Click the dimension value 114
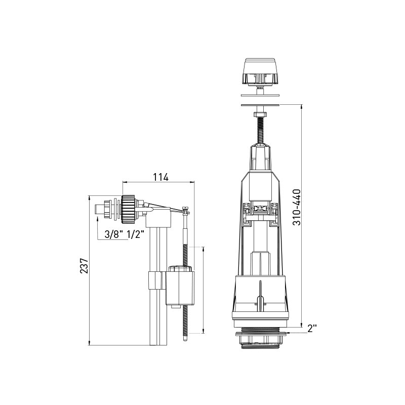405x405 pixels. pos(160,177)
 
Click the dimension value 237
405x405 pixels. pos(84,266)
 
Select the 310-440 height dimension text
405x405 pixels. pos(297,207)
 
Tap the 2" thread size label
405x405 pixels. pos(312,328)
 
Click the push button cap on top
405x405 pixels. pos(260,71)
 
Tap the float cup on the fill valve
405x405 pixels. pos(180,286)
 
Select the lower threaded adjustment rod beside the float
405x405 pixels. pos(187,324)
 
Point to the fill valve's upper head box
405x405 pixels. pos(158,219)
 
